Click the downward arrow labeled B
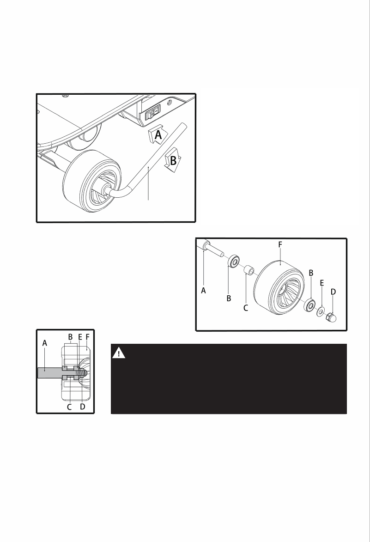point(173,160)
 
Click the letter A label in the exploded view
point(204,291)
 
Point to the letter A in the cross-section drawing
point(44,343)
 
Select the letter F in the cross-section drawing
point(87,338)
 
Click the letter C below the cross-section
point(70,407)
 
